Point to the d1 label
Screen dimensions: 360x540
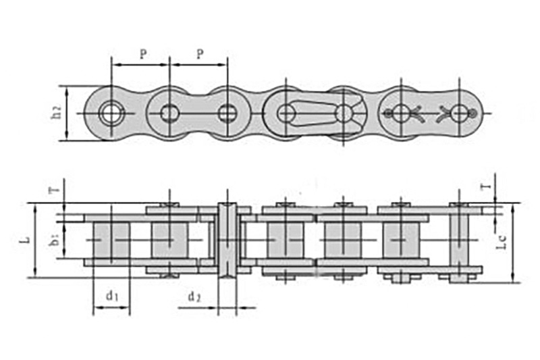pyautogui.click(x=111, y=295)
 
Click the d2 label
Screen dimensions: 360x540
pyautogui.click(x=194, y=295)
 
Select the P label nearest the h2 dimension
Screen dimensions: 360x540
pyautogui.click(x=142, y=55)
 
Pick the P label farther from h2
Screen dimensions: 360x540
pyautogui.click(x=200, y=55)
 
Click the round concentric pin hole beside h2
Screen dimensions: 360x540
pyautogui.click(x=110, y=113)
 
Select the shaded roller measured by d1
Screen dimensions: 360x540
pyautogui.click(x=111, y=240)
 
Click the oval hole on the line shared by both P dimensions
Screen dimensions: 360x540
pyautogui.click(x=169, y=113)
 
